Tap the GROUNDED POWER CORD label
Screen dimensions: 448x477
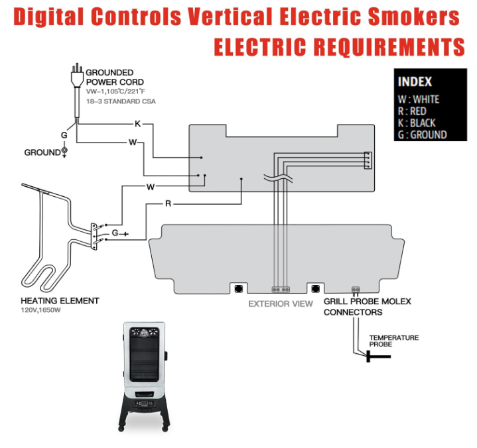(109, 77)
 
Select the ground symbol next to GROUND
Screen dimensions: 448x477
(64, 152)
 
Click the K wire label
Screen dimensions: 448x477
(137, 124)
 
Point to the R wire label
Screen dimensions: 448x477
(168, 203)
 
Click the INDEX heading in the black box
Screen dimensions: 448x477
(415, 82)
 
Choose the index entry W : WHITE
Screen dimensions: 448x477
(418, 100)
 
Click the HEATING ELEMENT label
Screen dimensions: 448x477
(60, 301)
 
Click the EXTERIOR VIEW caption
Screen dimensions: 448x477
(281, 304)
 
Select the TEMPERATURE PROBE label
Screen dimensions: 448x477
(394, 341)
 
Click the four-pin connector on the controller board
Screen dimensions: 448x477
(368, 160)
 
